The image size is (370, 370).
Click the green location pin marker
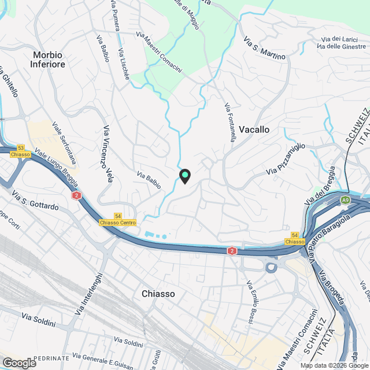pos(184,175)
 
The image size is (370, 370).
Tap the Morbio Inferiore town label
pos(49,59)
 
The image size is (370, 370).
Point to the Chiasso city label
pos(158,294)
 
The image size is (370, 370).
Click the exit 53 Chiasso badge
pos(21,151)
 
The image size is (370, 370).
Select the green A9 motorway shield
pos(345,200)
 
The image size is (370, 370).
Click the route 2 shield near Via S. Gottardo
pos(76,196)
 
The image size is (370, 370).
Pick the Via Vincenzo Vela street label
pos(107,154)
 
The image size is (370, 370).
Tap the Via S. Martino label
pos(265,49)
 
